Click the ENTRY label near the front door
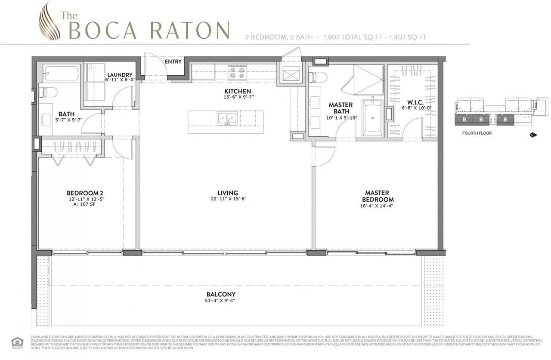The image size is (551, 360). (173, 62)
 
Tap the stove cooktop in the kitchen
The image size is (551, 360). (237, 72)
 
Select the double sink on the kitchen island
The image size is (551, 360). (226, 118)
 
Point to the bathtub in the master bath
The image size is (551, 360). (372, 117)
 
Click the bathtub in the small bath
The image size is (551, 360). (61, 73)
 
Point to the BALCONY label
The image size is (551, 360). (221, 294)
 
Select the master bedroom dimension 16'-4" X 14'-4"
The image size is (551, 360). (378, 206)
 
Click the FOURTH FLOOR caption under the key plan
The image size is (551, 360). (477, 133)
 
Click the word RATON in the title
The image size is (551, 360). (190, 30)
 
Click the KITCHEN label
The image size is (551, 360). (238, 91)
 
